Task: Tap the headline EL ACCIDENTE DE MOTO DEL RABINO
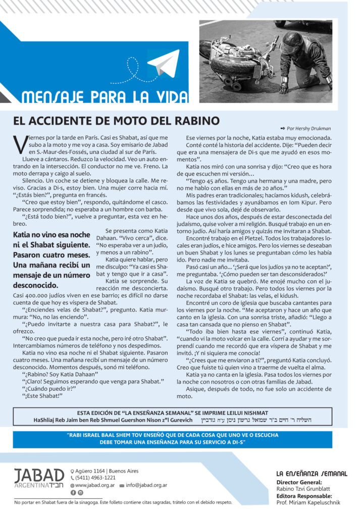coord(116,121)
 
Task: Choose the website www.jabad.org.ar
coord(93,485)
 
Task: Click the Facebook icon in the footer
coord(73,492)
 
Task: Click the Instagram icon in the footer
coord(80,492)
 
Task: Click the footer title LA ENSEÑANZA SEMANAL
coord(312,474)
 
